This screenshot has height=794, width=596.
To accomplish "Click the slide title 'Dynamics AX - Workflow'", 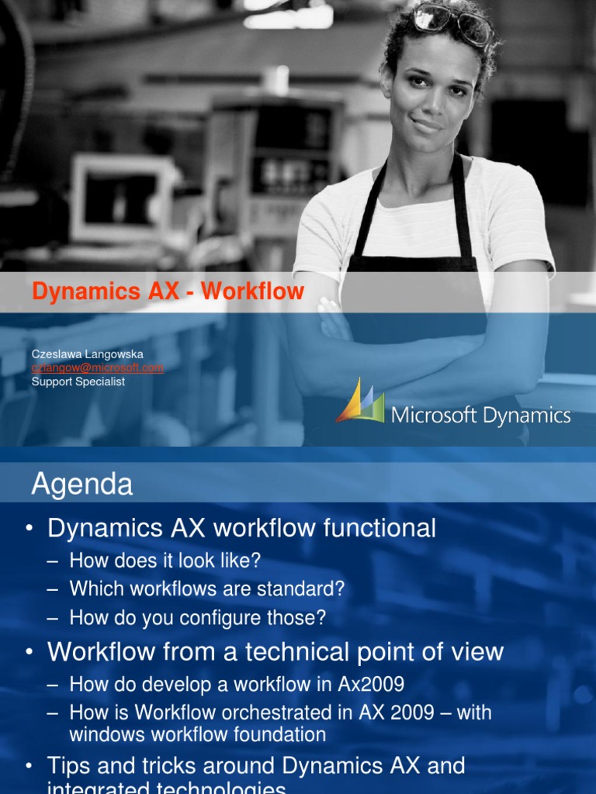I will click(168, 292).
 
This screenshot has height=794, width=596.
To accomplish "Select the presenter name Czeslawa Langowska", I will click(87, 354).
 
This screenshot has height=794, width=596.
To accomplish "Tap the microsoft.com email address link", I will click(98, 368).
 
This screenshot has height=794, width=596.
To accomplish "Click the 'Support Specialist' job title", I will click(78, 381).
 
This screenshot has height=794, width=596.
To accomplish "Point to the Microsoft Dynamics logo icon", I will click(360, 402).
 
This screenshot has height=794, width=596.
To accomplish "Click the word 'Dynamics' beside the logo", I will click(526, 416).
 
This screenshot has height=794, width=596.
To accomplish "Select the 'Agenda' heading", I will click(82, 485).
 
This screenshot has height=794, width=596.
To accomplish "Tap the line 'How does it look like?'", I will click(165, 560).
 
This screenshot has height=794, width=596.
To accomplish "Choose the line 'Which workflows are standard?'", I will click(206, 589).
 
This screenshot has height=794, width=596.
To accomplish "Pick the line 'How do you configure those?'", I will click(197, 618).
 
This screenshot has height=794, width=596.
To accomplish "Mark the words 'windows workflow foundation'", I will click(197, 734).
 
